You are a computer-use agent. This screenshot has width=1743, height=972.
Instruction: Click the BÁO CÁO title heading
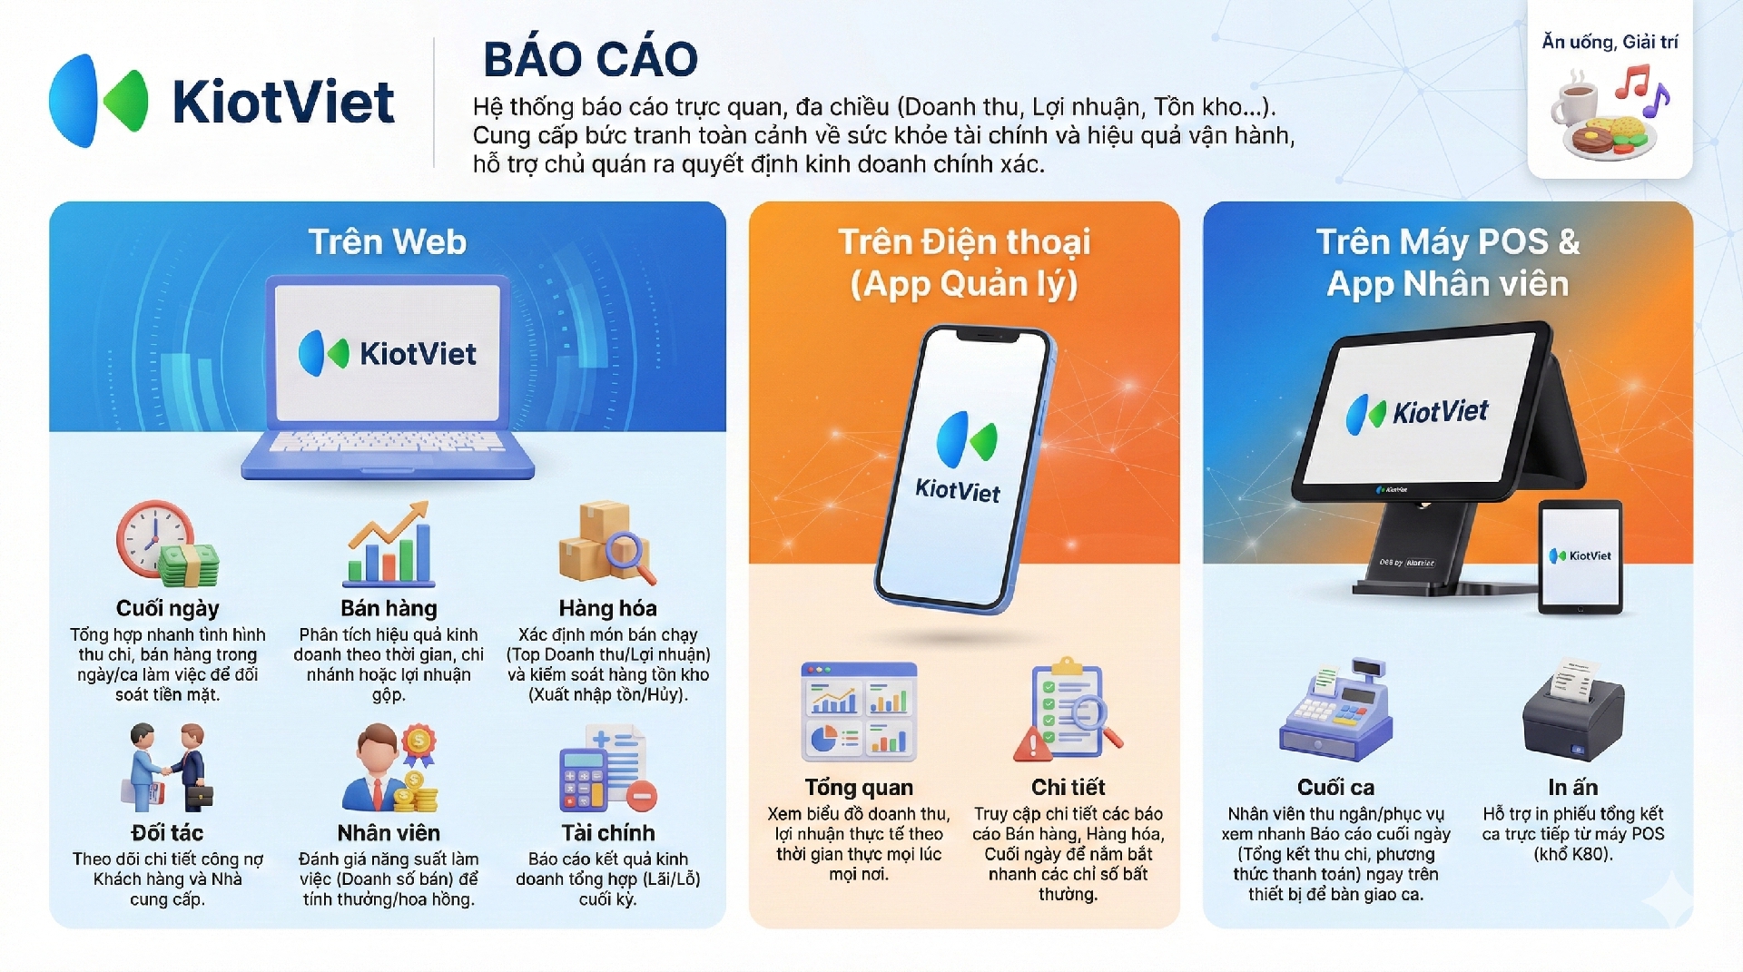coord(590,59)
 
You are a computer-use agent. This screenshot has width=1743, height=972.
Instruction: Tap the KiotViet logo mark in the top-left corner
coord(98,100)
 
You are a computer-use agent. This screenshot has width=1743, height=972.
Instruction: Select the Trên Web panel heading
coord(388,241)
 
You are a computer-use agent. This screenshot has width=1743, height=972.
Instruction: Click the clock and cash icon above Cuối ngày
coord(167,544)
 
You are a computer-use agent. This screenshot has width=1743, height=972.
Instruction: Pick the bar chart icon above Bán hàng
coord(389,544)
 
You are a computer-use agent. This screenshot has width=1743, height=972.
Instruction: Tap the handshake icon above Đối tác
coord(167,767)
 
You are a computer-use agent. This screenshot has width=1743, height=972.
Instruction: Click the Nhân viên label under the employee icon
coord(389,832)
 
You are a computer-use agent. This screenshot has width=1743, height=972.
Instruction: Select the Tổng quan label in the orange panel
coord(859,787)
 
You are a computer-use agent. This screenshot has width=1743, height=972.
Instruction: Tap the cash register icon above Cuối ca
coord(1335,710)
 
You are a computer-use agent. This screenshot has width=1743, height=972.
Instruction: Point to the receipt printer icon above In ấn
coord(1573,710)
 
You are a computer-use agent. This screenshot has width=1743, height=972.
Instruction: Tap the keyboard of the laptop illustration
coord(388,442)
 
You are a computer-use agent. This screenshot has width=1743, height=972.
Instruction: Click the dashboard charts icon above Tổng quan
coord(859,712)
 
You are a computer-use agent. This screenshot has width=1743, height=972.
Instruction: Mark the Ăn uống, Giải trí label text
coord(1610,42)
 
